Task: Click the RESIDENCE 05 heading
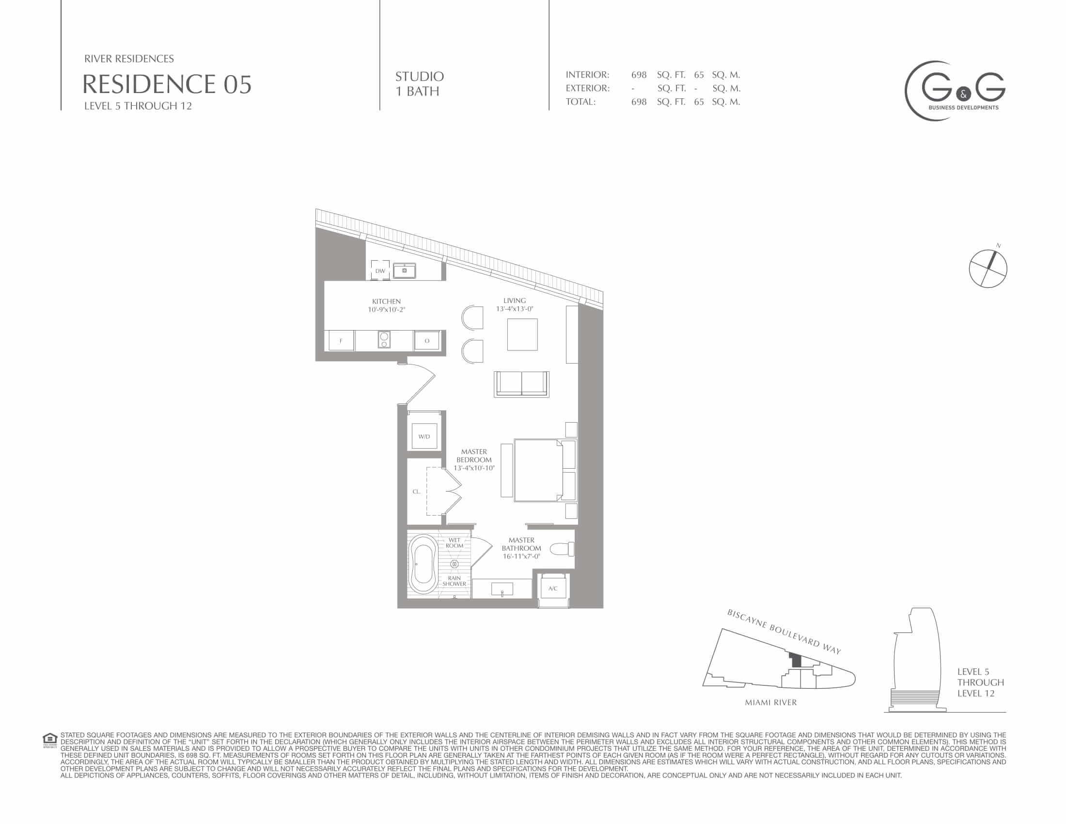[x=167, y=84]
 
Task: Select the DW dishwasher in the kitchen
[x=380, y=270]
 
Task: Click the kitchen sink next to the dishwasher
[x=405, y=270]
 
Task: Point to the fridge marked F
[x=341, y=341]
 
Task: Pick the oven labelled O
[x=427, y=341]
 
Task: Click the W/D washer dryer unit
[x=424, y=436]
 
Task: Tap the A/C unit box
[x=553, y=589]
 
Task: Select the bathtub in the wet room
[x=423, y=564]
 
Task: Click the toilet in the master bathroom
[x=562, y=549]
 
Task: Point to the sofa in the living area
[x=522, y=384]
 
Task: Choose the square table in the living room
[x=522, y=334]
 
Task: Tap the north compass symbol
[x=988, y=269]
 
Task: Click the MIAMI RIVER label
[x=771, y=702]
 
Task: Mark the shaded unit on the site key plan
[x=795, y=660]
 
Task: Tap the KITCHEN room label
[x=386, y=301]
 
